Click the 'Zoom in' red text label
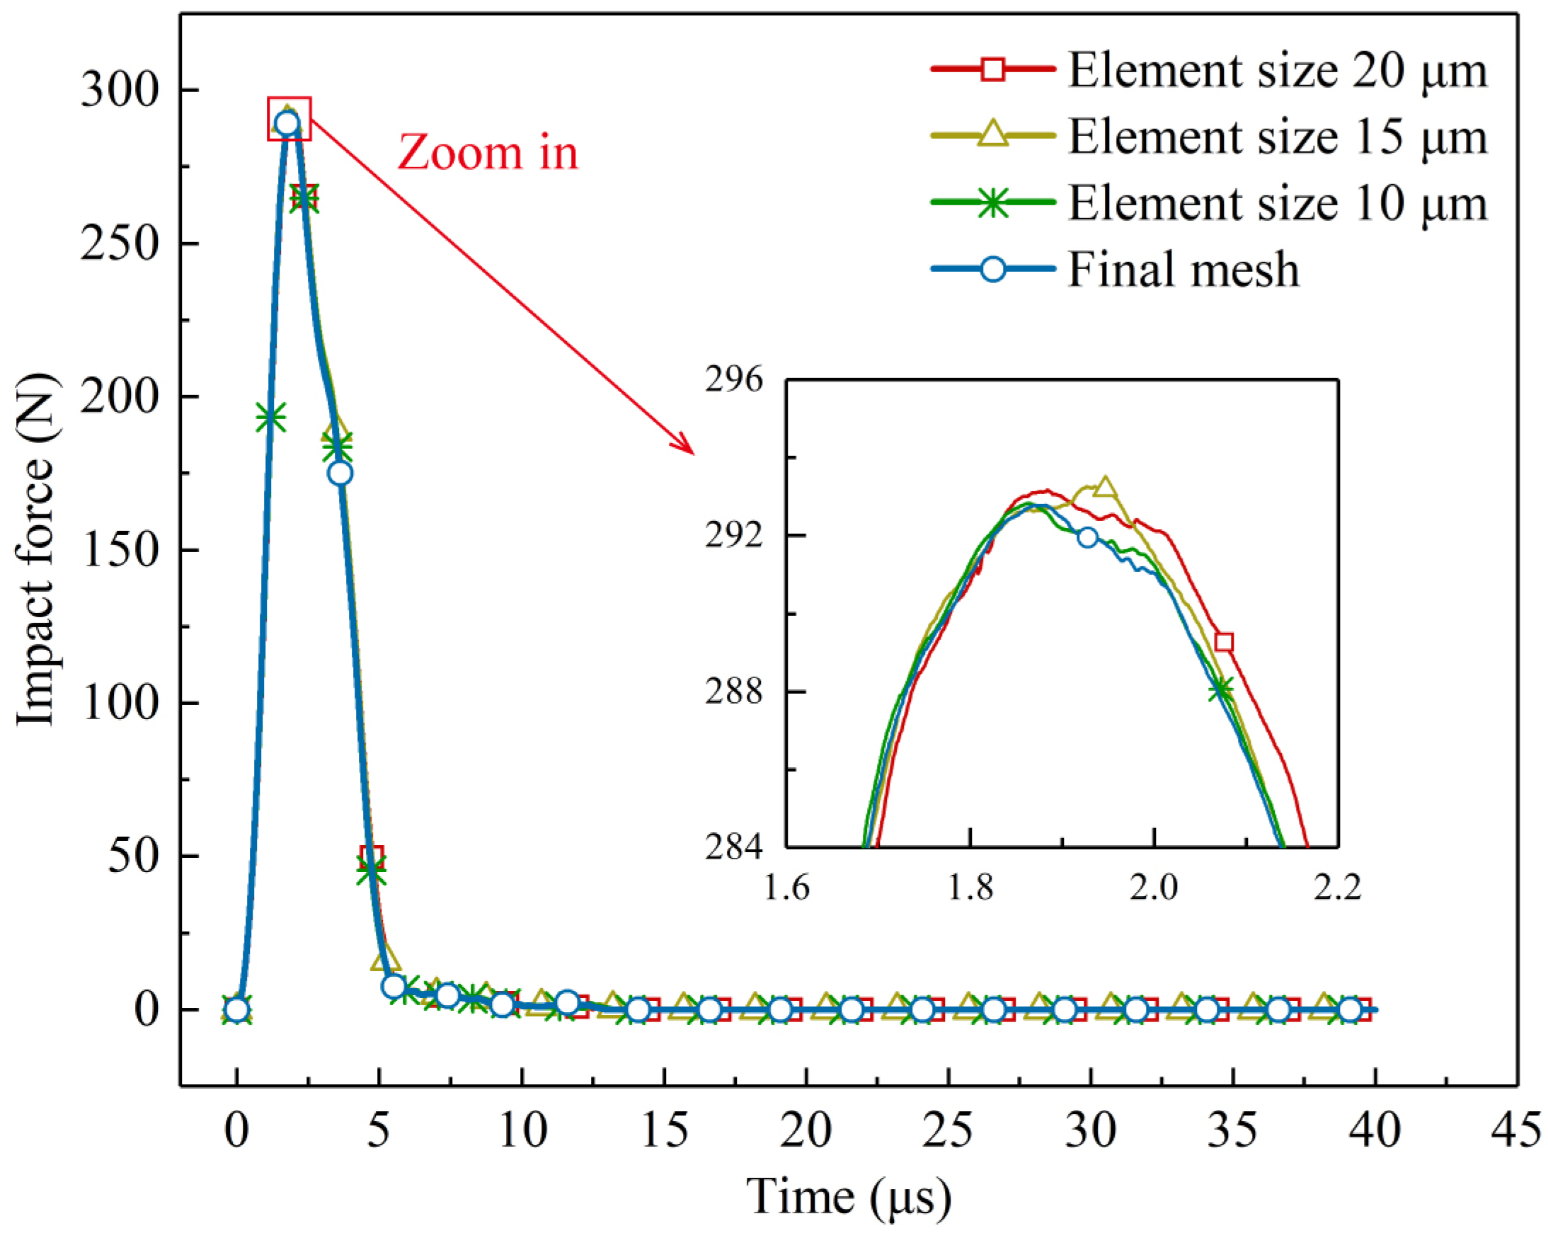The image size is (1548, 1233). (x=488, y=153)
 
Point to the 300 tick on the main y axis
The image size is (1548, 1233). (x=119, y=91)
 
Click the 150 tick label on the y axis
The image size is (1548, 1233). (x=119, y=551)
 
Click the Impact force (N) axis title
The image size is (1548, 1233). (x=36, y=551)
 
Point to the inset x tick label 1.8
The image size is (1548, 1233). (x=970, y=888)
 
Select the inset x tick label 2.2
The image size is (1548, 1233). (x=1337, y=888)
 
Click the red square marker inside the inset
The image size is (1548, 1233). (x=1225, y=642)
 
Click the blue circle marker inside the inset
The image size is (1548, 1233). (x=1088, y=537)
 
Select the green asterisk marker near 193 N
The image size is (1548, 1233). (x=270, y=417)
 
